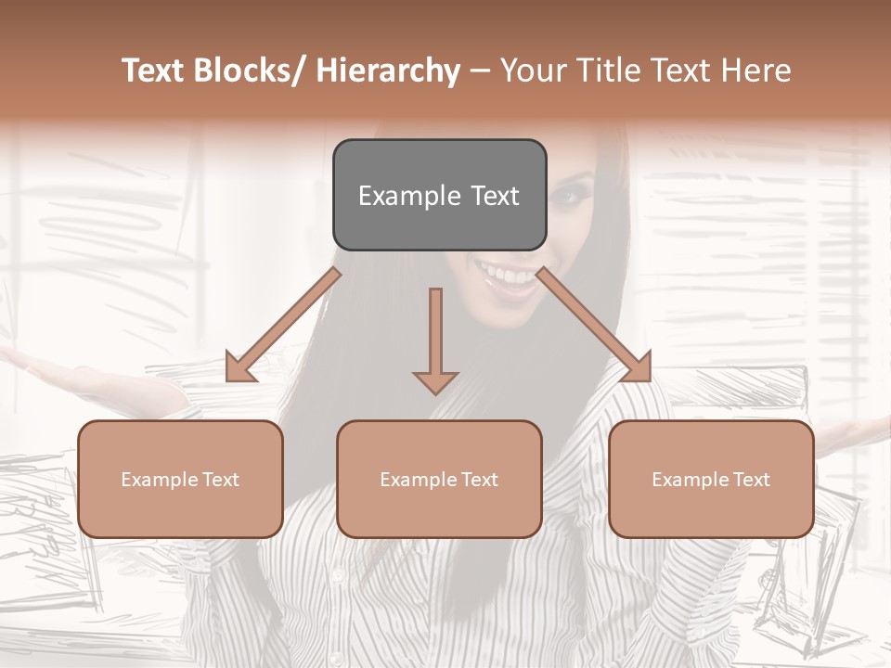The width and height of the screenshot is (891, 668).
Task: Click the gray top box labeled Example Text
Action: pyautogui.click(x=439, y=195)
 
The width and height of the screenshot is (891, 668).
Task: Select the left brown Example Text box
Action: pyautogui.click(x=180, y=479)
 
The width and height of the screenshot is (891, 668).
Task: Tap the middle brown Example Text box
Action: pyautogui.click(x=439, y=479)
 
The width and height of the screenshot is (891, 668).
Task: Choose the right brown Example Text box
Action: pyautogui.click(x=711, y=479)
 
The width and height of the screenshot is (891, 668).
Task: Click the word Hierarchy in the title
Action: pyautogui.click(x=388, y=71)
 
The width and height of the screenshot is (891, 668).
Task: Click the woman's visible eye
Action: pyautogui.click(x=569, y=196)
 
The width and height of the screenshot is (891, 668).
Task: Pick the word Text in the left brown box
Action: pyautogui.click(x=221, y=480)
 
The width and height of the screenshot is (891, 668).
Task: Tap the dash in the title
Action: pyautogui.click(x=480, y=71)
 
